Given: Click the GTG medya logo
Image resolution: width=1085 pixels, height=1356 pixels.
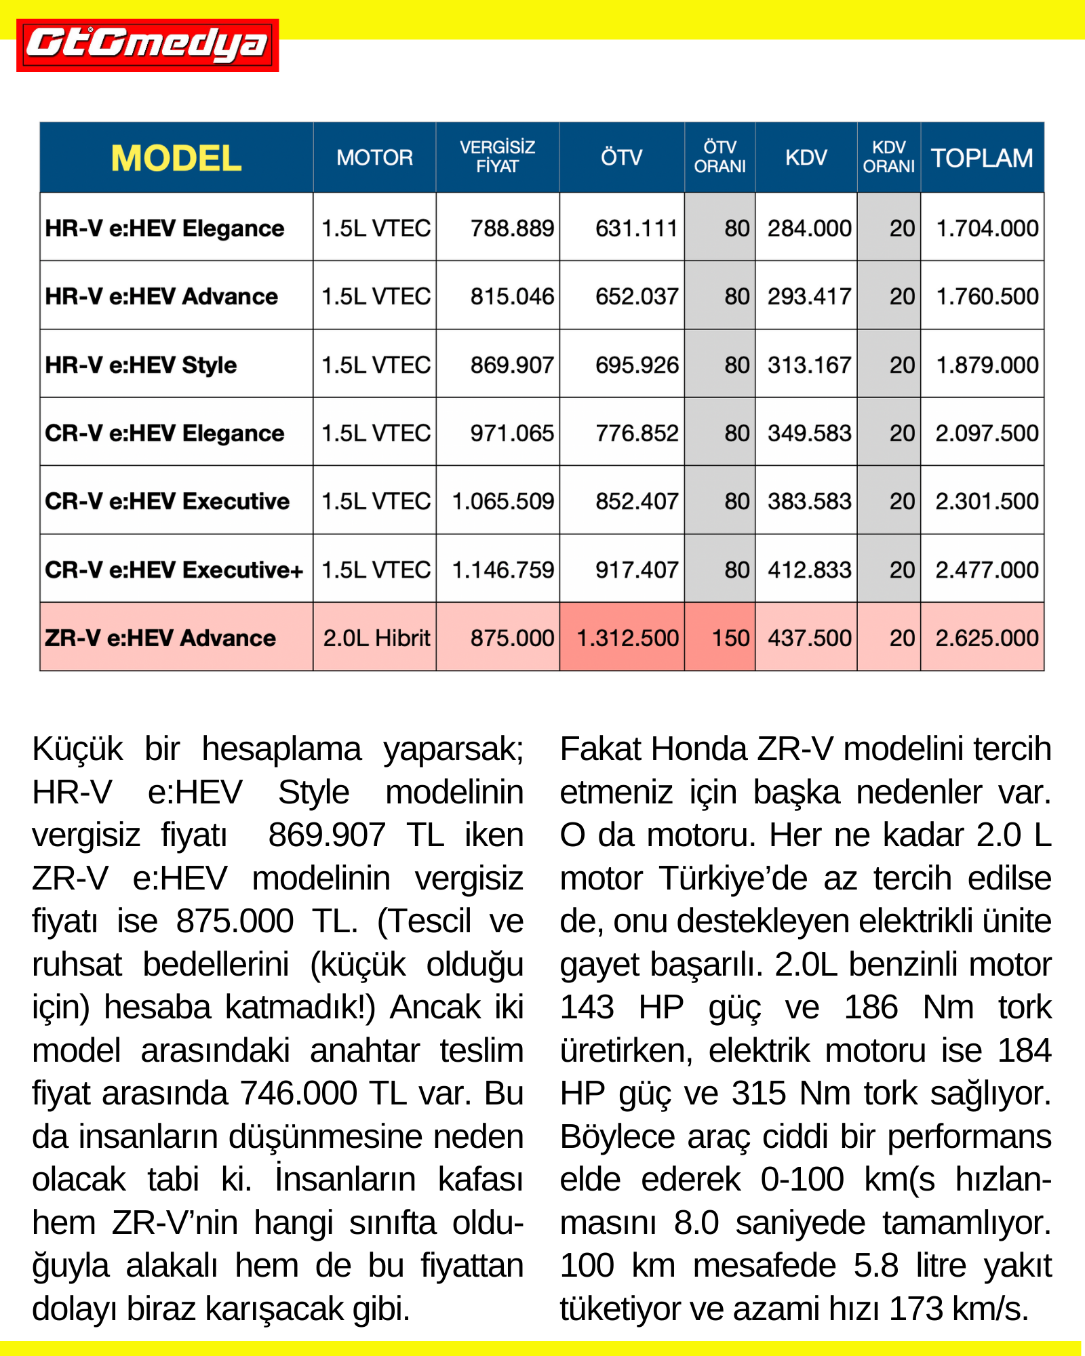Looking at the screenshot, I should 147,45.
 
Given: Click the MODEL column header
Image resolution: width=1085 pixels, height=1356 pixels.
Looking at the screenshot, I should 176,158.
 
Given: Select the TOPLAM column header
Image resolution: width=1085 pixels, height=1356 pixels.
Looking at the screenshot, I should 982,158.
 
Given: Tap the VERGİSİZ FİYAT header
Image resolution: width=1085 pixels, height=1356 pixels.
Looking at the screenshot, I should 497,157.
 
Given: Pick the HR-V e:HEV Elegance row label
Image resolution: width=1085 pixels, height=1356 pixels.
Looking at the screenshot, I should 165,228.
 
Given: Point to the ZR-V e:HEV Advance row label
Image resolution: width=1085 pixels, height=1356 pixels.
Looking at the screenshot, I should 161,638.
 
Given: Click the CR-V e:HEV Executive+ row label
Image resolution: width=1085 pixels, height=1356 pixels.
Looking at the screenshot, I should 174,570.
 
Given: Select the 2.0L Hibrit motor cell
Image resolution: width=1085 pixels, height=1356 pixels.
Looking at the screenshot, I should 376,638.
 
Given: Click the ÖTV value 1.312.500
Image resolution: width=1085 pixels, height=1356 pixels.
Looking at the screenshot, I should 627,638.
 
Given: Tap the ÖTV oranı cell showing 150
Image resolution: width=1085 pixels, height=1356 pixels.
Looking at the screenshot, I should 730,638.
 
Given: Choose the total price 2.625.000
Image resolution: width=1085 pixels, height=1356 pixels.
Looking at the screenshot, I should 987,638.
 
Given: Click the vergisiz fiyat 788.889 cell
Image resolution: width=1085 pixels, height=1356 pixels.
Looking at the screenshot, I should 512,228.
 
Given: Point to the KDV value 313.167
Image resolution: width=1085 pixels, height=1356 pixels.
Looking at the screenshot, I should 809,365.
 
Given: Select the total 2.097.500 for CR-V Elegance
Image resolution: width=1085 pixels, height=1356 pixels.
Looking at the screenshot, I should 987,433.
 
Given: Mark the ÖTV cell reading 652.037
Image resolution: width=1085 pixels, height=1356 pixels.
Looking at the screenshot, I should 637,296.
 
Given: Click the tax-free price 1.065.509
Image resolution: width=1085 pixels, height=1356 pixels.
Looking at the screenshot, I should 503,501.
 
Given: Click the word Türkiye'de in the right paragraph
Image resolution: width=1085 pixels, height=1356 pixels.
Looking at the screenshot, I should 733,879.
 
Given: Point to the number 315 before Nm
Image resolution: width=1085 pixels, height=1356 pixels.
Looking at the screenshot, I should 759,1094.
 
